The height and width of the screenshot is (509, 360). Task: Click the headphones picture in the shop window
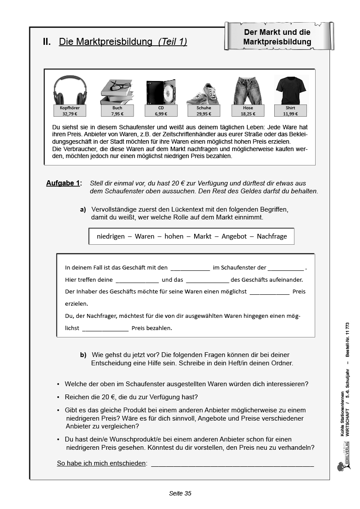[70, 90]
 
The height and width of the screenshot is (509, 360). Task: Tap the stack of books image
[117, 91]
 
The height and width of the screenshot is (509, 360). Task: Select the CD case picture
[161, 92]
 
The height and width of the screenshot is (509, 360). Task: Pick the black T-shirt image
[290, 90]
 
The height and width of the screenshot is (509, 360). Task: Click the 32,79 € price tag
[70, 114]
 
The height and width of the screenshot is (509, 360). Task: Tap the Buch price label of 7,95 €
[117, 114]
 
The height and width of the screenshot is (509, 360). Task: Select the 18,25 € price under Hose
[248, 114]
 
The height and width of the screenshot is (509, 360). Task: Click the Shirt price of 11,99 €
[290, 114]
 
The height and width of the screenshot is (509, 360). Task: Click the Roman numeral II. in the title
[47, 42]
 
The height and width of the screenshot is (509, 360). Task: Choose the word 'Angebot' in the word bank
[234, 236]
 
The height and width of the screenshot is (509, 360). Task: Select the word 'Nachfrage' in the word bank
[272, 236]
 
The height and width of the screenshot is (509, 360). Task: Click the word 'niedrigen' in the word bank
[111, 236]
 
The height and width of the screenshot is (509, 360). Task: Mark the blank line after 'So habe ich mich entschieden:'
[232, 463]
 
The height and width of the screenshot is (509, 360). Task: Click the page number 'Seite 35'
[180, 493]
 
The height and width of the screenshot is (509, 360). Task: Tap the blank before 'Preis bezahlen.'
[105, 329]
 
